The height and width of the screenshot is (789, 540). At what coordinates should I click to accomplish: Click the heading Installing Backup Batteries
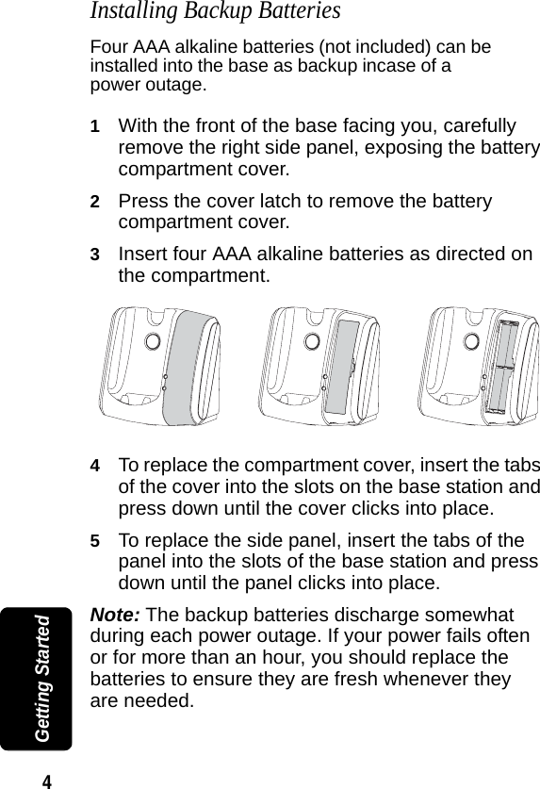coord(214,12)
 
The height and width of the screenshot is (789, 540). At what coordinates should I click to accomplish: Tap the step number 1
coord(94,126)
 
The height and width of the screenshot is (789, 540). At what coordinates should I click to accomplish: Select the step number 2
coord(94,203)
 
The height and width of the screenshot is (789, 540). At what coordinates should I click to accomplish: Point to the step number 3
coord(94,255)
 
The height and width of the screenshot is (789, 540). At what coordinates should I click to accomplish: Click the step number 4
coord(94,467)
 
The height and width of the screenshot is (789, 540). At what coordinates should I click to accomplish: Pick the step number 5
coord(94,542)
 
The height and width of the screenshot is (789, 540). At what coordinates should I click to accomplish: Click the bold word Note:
coord(115,615)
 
